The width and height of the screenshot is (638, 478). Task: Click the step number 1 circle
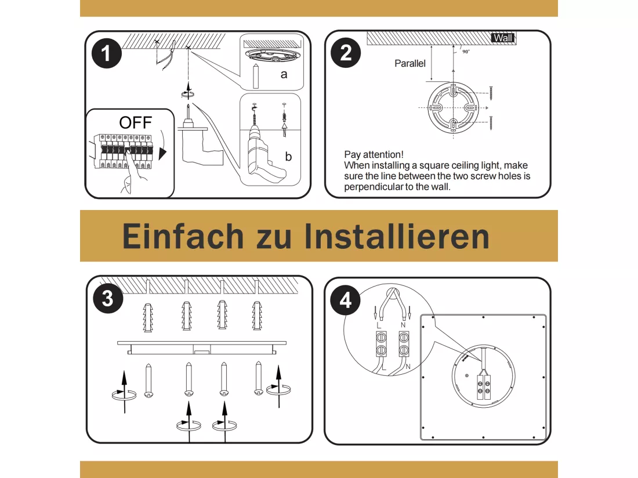coord(107,53)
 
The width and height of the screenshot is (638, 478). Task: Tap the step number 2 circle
coord(346,53)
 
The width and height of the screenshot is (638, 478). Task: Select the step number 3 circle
coord(108,298)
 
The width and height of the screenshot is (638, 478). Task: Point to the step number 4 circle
coord(345,300)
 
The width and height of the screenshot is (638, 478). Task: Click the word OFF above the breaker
coord(136,122)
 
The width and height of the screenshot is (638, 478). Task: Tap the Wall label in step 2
coord(503,38)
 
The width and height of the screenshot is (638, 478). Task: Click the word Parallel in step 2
coord(409,63)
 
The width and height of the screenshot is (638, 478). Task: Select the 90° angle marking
coord(466,52)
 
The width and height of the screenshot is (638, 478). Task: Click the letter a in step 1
coord(284,74)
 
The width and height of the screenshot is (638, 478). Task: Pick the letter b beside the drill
coord(288,156)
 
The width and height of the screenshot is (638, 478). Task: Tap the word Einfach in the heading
coord(183,236)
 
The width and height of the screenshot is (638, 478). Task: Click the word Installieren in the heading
coord(397,236)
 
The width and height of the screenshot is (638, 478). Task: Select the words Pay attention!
coord(374,154)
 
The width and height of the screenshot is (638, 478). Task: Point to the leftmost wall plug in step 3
coord(148,317)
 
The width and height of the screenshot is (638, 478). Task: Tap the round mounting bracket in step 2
coord(453,107)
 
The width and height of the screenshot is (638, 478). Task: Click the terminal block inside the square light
coord(484,387)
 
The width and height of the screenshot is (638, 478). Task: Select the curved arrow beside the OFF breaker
coord(163,146)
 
